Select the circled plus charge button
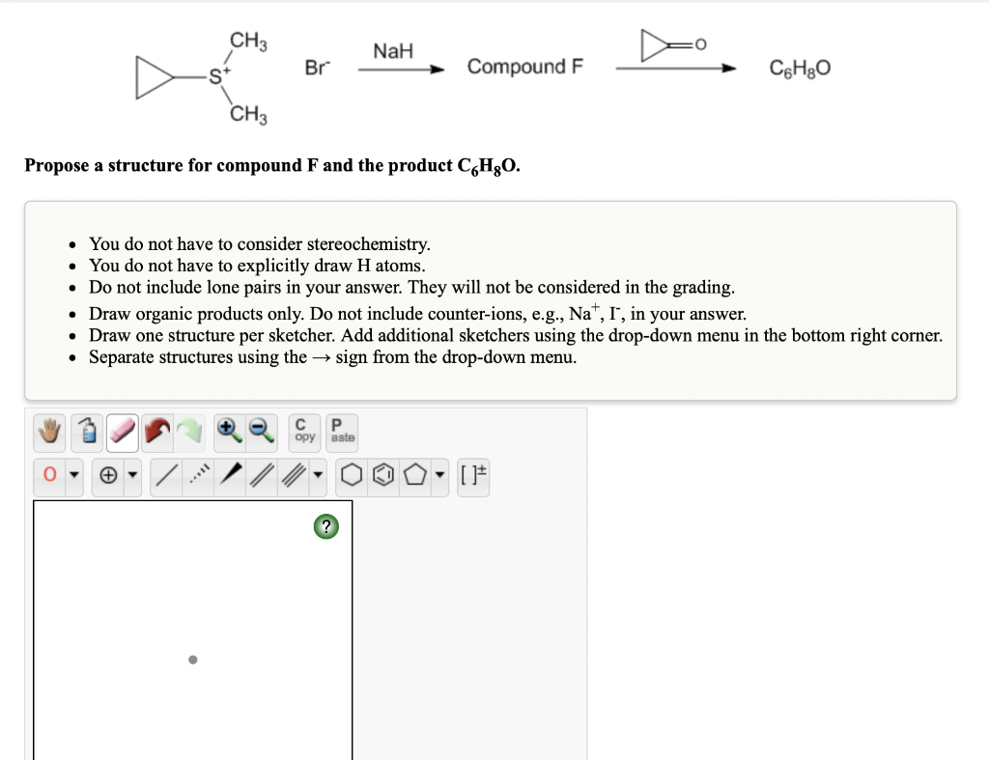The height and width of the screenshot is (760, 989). point(107,476)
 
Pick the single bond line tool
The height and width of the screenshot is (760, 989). point(166,476)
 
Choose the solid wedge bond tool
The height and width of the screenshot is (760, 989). point(230,476)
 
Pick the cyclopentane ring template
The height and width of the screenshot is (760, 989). point(413,476)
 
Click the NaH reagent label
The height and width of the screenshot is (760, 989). point(393,51)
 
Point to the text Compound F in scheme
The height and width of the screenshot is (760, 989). point(525,68)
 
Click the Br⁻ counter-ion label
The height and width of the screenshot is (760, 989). point(316,68)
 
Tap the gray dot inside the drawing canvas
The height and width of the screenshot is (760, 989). point(192,661)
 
